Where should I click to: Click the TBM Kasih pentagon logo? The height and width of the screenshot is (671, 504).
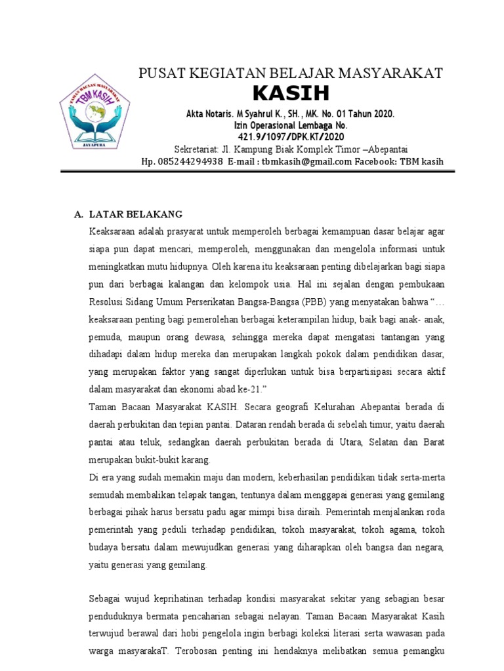coord(94,110)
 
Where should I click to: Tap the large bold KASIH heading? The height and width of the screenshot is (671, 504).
coord(291,92)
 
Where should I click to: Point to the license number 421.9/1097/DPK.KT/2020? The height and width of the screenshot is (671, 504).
coord(291,137)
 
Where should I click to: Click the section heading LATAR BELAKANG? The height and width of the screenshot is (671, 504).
coord(136,214)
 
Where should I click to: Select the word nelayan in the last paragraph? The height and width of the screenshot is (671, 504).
coord(283,617)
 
